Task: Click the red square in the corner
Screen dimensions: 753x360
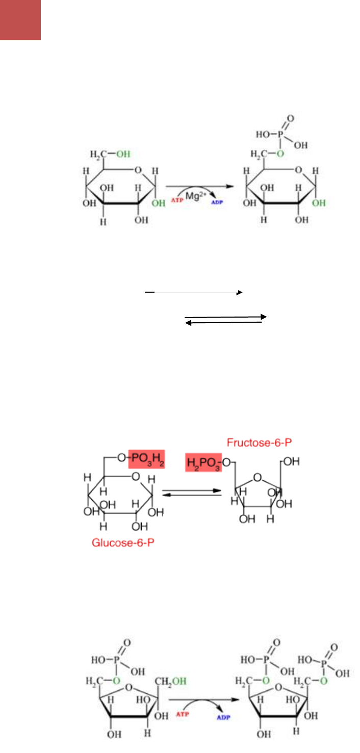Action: point(20,20)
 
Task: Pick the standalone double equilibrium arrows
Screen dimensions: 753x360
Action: point(225,320)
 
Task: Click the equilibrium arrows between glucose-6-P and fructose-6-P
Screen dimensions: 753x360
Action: point(192,493)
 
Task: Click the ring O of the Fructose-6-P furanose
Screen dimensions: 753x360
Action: point(258,478)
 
